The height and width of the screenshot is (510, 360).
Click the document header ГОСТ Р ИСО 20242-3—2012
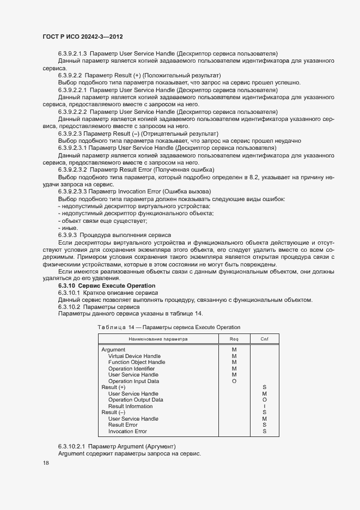point(82,37)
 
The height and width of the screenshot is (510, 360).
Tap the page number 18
point(46,463)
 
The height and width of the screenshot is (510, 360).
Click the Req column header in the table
point(234,338)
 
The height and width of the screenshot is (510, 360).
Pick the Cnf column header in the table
point(264,338)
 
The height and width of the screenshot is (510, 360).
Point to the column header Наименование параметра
point(158,338)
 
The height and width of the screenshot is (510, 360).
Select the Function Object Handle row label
point(137,362)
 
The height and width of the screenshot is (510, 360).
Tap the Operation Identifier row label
point(131,369)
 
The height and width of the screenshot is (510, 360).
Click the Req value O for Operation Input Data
point(234,381)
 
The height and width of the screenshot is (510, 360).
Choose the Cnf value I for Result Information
point(264,406)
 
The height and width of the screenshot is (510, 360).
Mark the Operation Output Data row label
point(136,400)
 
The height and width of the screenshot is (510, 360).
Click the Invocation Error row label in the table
point(127,432)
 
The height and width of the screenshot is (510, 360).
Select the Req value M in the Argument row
point(234,350)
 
